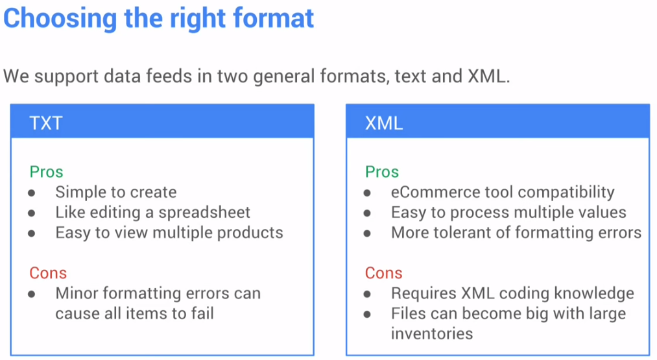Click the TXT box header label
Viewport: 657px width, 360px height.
pyautogui.click(x=46, y=123)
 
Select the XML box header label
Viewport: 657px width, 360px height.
pyautogui.click(x=384, y=123)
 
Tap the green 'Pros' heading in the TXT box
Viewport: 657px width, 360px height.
pyautogui.click(x=46, y=172)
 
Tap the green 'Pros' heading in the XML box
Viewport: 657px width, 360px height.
pyautogui.click(x=382, y=172)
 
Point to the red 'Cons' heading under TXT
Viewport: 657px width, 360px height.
pyautogui.click(x=48, y=273)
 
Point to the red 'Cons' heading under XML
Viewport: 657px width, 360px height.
pyautogui.click(x=383, y=273)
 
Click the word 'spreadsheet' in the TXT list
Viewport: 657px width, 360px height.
pyautogui.click(x=204, y=213)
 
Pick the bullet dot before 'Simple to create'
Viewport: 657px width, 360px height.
pyautogui.click(x=32, y=193)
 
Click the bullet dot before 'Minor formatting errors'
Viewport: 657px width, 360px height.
pyautogui.click(x=32, y=294)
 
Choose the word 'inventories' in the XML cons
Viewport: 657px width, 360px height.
pyautogui.click(x=432, y=333)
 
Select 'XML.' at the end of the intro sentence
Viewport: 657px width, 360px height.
pyautogui.click(x=488, y=77)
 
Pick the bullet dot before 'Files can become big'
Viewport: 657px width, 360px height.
pyautogui.click(x=368, y=315)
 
